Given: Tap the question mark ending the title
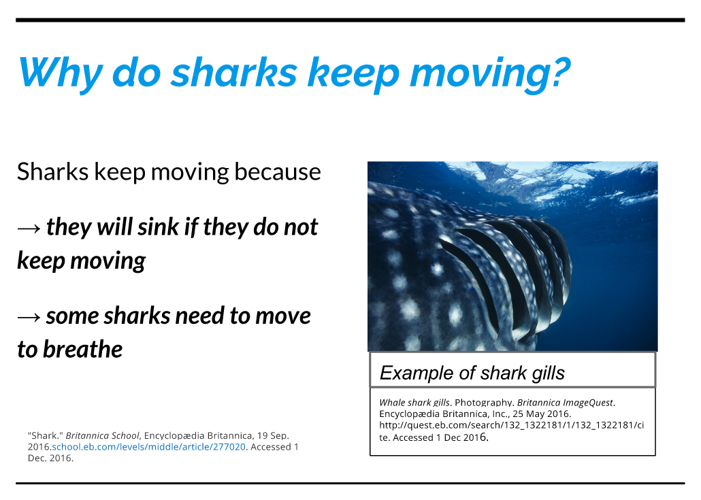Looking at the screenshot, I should (557, 71).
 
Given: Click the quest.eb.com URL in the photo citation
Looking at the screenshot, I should (511, 425).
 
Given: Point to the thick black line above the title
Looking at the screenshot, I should (350, 20).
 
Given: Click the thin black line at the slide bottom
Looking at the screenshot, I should (350, 483).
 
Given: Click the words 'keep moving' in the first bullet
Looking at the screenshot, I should (81, 261).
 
